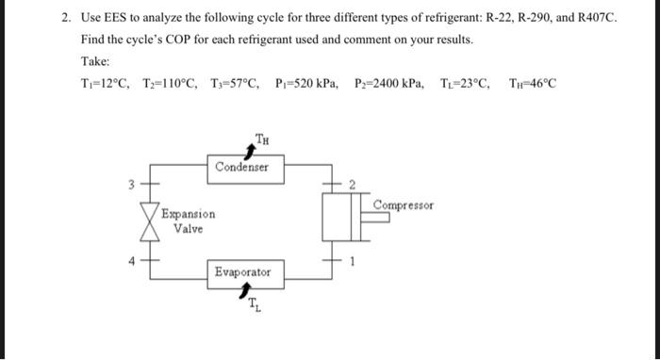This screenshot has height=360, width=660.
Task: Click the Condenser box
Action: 241,168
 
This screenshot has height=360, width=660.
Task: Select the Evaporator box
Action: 241,272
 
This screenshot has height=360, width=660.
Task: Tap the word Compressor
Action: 404,205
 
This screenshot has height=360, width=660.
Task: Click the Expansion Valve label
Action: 188,221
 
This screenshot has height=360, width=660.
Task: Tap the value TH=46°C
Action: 532,83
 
